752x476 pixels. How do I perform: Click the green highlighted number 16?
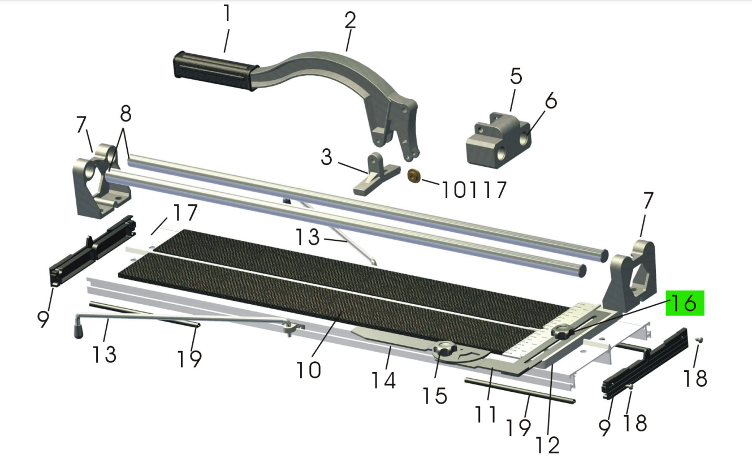685,303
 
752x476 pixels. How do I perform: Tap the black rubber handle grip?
215,71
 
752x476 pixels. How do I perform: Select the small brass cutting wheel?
414,176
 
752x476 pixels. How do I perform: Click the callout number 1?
227,13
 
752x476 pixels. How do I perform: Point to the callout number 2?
350,20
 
